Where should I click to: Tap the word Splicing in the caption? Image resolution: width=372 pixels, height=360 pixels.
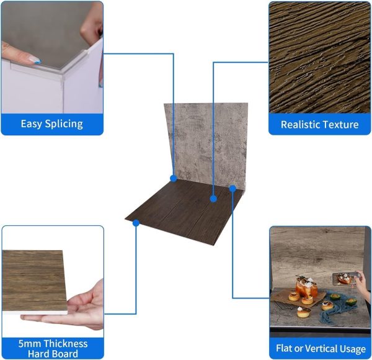tap(64, 124)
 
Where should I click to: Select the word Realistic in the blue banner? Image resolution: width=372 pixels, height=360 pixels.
tap(300, 124)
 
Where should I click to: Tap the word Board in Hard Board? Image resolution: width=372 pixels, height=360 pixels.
tap(64, 354)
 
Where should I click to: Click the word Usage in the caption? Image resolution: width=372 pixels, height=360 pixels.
tap(353, 349)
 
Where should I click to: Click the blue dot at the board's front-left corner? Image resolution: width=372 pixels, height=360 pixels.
tap(136, 223)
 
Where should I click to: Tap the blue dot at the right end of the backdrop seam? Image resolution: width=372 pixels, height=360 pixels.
tap(232, 188)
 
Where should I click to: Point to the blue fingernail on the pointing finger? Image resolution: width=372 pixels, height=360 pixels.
tap(37, 62)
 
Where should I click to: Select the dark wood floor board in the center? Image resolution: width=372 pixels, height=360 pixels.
tap(180, 212)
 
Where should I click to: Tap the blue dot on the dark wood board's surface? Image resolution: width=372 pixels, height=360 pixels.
tap(213, 199)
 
